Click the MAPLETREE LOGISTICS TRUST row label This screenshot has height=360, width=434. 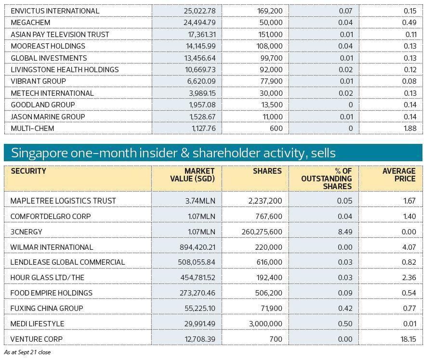point(63,201)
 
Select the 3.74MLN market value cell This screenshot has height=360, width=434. point(201,201)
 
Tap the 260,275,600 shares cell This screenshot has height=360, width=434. point(262,231)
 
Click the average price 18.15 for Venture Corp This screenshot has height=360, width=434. point(408,339)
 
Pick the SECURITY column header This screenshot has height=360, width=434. point(28,171)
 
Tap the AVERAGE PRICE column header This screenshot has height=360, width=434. point(399,175)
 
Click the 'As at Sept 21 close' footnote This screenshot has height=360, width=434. point(27,352)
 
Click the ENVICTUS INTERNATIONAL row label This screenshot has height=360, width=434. point(55,11)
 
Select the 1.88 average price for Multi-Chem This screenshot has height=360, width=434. point(409,129)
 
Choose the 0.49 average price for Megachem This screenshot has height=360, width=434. point(409,23)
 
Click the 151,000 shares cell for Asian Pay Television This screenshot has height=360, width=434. point(270,34)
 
